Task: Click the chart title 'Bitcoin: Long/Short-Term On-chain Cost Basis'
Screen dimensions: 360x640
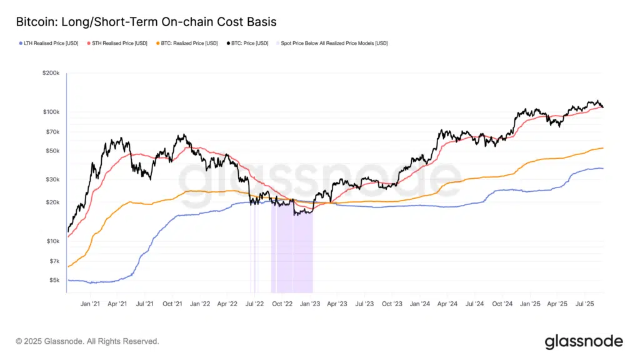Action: (146, 22)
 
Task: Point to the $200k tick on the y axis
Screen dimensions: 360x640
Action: (51, 73)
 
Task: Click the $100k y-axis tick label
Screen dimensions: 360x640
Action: (51, 112)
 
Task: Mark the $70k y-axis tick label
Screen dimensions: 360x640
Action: (52, 132)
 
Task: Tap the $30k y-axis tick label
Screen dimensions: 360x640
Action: (52, 179)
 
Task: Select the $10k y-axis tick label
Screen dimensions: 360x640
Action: (52, 241)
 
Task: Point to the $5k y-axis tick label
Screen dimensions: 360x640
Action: (53, 280)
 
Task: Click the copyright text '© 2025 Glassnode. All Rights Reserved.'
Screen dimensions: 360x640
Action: (87, 342)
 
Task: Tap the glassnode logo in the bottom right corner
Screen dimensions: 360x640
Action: (584, 341)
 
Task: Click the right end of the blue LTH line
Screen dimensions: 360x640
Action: (602, 169)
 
